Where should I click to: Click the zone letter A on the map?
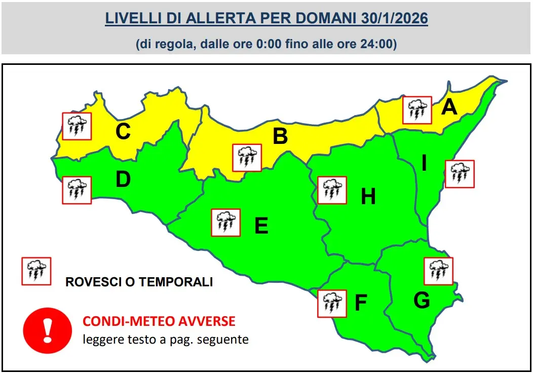449,107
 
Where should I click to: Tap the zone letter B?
280,136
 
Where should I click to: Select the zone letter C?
123,132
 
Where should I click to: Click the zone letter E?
261,226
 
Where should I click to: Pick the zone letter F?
360,303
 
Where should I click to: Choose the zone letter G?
422,300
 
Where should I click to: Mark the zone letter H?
368,196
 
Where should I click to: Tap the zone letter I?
424,163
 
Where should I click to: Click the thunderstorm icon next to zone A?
417,110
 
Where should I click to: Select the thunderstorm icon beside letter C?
77,126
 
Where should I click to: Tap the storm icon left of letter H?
332,190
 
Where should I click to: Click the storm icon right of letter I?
460,174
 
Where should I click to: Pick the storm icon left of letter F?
332,304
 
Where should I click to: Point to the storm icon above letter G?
438,271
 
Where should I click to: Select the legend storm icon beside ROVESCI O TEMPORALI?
36,271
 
